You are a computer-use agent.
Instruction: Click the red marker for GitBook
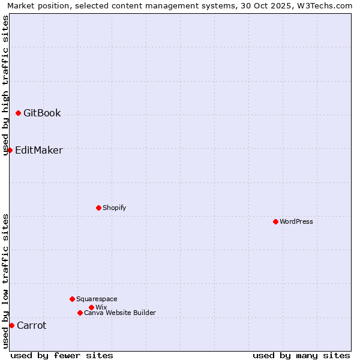click(18, 113)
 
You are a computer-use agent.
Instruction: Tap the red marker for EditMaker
click(10, 150)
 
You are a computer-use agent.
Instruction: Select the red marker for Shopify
click(98, 208)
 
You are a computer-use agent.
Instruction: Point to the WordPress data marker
click(275, 221)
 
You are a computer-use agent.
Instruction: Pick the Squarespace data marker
click(72, 299)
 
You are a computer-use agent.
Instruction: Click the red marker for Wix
click(91, 307)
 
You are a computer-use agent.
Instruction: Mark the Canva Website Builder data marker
click(80, 313)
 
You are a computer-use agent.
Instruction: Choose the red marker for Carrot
click(11, 325)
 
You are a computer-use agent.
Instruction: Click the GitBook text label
click(42, 113)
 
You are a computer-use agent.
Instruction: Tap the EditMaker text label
click(38, 150)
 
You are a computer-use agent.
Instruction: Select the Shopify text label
click(114, 208)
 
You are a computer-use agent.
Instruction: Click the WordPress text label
click(296, 221)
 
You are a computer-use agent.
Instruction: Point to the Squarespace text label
click(97, 299)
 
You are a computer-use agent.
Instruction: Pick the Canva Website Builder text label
click(120, 313)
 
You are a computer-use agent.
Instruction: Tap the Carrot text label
click(31, 325)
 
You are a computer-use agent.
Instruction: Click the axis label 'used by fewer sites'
click(62, 355)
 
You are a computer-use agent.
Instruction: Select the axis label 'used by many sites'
click(301, 355)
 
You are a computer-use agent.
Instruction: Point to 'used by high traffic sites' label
click(5, 85)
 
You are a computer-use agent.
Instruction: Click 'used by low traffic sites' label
click(5, 281)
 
